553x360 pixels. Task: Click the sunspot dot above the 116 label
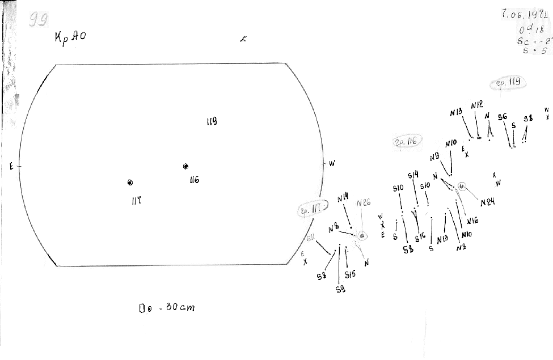(185, 166)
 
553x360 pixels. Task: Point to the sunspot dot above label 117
(130, 182)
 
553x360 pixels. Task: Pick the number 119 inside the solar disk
(212, 121)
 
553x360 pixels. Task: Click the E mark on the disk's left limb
(11, 166)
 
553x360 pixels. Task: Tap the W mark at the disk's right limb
(332, 164)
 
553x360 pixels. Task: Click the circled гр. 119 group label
(509, 83)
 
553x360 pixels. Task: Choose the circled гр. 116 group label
(406, 142)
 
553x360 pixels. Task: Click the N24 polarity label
(487, 202)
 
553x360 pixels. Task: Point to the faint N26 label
(364, 202)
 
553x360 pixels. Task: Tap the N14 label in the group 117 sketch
(343, 198)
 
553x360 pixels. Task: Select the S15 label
(350, 274)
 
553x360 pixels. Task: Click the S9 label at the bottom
(340, 289)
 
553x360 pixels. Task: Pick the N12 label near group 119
(477, 105)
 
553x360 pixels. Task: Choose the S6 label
(503, 117)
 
